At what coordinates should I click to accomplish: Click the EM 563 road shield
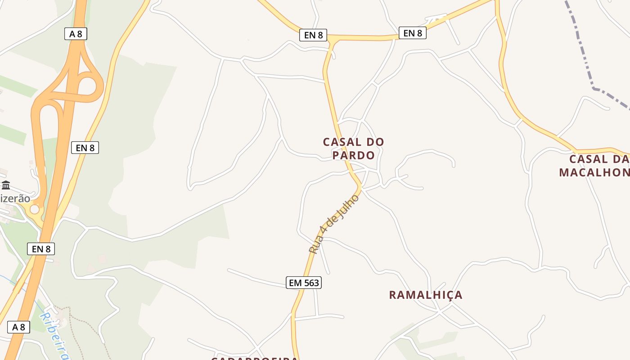pyautogui.click(x=304, y=283)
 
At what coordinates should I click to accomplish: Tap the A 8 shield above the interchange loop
pyautogui.click(x=76, y=34)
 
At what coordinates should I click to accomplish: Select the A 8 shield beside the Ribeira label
pyautogui.click(x=18, y=327)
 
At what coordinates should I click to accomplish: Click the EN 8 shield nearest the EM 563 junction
pyautogui.click(x=313, y=35)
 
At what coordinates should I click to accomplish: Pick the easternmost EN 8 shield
pyautogui.click(x=413, y=33)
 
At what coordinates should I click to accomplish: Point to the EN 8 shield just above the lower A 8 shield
pyautogui.click(x=41, y=249)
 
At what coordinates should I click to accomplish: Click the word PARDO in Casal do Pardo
pyautogui.click(x=354, y=155)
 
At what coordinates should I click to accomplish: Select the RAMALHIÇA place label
pyautogui.click(x=425, y=295)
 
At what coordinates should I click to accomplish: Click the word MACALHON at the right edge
pyautogui.click(x=594, y=172)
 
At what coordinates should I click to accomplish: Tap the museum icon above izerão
pyautogui.click(x=6, y=185)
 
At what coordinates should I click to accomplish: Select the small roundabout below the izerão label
pyautogui.click(x=35, y=209)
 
